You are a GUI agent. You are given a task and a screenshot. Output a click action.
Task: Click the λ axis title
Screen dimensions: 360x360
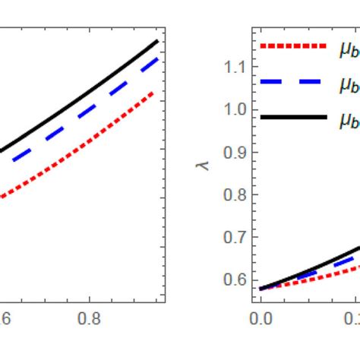click(202, 163)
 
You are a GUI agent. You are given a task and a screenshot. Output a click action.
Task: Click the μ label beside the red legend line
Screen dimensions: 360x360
click(348, 47)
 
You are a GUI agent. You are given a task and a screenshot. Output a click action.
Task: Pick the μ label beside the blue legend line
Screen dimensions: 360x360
click(348, 84)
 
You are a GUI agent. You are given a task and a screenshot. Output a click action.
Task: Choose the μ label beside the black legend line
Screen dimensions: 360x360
click(348, 120)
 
